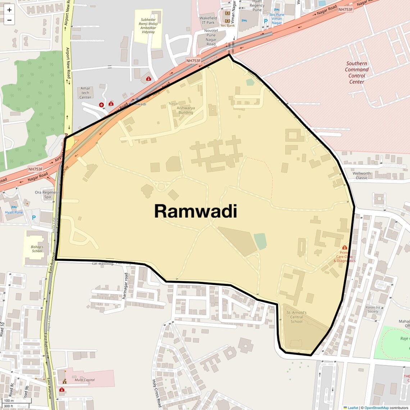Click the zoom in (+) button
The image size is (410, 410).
pyautogui.click(x=9, y=10)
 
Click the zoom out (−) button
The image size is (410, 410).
pyautogui.click(x=9, y=20)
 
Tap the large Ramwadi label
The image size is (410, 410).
pyautogui.click(x=196, y=211)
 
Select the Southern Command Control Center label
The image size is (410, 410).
pyautogui.click(x=357, y=73)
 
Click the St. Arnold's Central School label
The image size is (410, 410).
pyautogui.click(x=296, y=317)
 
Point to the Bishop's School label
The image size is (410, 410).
pyautogui.click(x=37, y=249)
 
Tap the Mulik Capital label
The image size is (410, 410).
pyautogui.click(x=85, y=380)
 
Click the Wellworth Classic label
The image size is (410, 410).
pyautogui.click(x=361, y=176)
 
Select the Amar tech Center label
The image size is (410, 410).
pyautogui.click(x=85, y=93)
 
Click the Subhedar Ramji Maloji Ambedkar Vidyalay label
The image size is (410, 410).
pyautogui.click(x=148, y=26)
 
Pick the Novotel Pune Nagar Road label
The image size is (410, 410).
pyautogui.click(x=211, y=37)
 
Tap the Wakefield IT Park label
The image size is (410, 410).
pyautogui.click(x=208, y=20)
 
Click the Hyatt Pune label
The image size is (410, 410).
pyautogui.click(x=14, y=212)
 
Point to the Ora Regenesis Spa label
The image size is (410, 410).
pyautogui.click(x=47, y=195)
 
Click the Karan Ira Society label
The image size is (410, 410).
pyautogui.click(x=373, y=309)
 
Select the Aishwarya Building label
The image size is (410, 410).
pyautogui.click(x=186, y=110)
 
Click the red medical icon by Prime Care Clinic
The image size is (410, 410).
pyautogui.click(x=345, y=247)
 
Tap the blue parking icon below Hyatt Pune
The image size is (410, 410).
pyautogui.click(x=34, y=218)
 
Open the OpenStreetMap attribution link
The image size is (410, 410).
pyautogui.click(x=377, y=408)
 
